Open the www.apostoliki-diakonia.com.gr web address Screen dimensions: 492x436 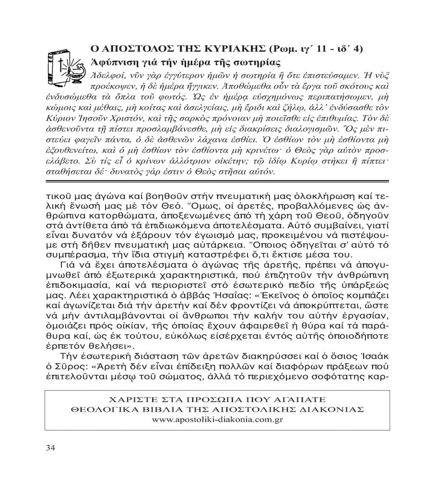pyautogui.click(x=217, y=419)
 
